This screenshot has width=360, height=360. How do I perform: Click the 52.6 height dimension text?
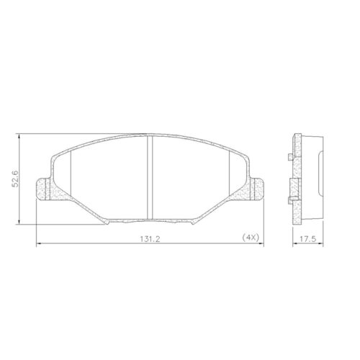[24, 178]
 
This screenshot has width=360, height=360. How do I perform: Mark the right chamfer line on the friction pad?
[228, 176]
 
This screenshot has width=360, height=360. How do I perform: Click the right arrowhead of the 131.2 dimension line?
[264, 245]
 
